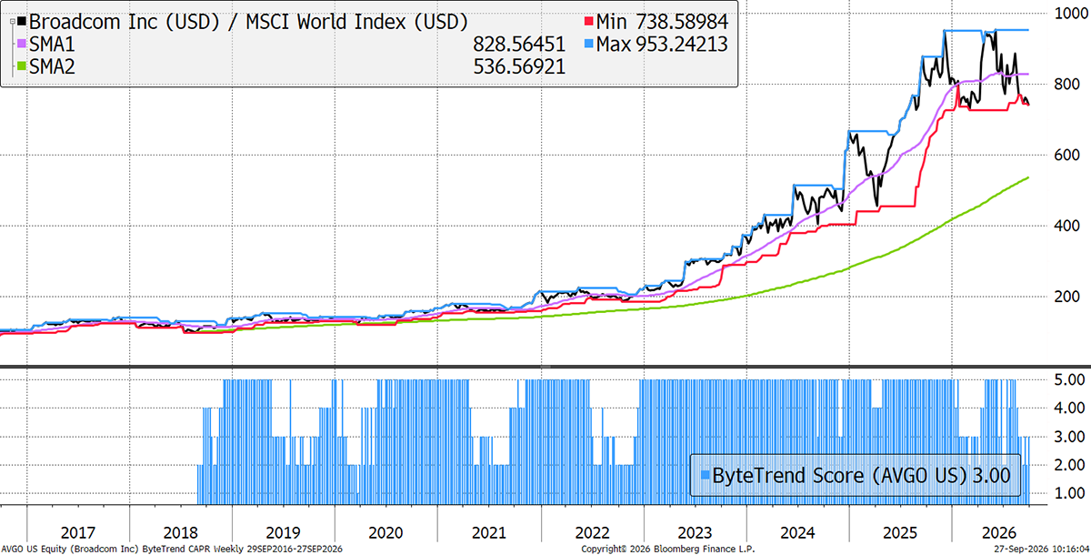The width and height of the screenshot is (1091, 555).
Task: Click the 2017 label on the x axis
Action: (78, 532)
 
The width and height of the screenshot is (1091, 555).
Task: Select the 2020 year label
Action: (385, 532)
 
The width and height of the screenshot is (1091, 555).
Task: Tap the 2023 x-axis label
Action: (695, 532)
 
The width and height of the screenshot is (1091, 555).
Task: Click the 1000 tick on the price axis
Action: (1071, 13)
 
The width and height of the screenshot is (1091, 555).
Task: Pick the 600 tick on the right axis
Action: (1066, 155)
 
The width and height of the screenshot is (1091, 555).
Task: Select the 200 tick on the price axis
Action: (1066, 297)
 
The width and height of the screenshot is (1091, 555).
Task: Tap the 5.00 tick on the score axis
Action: (1069, 379)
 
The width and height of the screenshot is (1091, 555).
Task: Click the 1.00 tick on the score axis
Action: (1069, 493)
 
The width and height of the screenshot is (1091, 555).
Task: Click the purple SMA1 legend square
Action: (22, 44)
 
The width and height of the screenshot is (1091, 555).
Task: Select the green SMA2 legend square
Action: (22, 66)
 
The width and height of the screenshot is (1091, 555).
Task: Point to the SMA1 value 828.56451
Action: (519, 45)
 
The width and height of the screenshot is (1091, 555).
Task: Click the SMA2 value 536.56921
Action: (519, 66)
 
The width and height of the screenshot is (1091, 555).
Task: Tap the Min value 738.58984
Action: (682, 22)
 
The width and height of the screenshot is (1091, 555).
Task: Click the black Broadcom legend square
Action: (22, 22)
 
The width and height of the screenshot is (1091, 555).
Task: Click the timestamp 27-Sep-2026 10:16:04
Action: (1041, 550)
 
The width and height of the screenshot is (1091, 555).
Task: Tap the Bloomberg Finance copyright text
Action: (667, 550)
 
